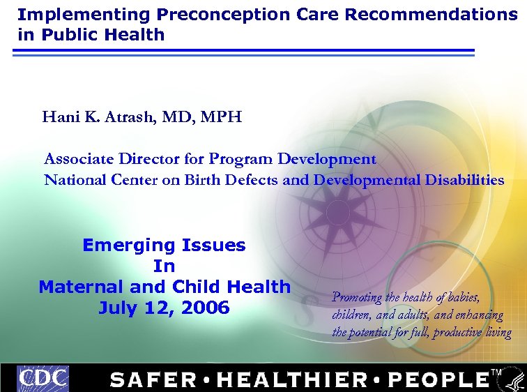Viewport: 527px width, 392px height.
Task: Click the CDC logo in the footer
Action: tap(43, 378)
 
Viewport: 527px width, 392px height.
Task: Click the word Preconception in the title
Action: tap(208, 14)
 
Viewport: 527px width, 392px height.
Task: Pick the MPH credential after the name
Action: tap(221, 116)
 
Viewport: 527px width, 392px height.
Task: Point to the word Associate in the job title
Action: tap(78, 159)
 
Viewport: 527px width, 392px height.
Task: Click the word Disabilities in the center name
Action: tap(462, 180)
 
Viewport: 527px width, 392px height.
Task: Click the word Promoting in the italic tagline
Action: tap(357, 298)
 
